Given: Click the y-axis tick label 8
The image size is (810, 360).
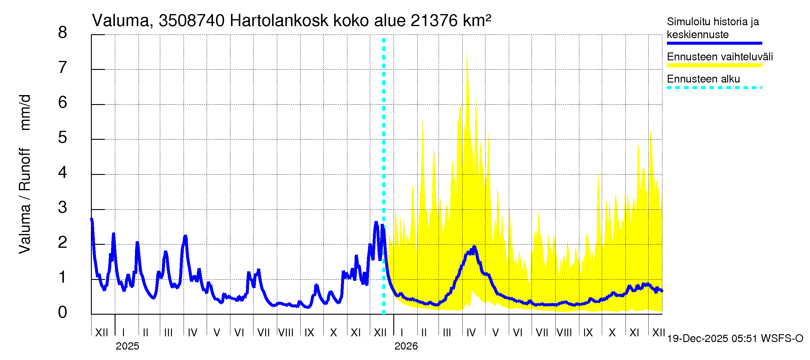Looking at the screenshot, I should point(63,33).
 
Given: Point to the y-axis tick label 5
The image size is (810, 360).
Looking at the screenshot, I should point(63,138).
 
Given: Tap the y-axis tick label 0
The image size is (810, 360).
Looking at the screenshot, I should point(63,313).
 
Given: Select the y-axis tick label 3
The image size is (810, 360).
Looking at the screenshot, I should point(63,208).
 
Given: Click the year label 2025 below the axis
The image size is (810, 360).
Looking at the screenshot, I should point(127,346).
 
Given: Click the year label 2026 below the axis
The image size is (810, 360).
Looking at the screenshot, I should point(406,346).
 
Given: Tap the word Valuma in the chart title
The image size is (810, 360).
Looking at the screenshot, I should point(120,21).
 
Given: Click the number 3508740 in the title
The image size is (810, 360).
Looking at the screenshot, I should point(191,21).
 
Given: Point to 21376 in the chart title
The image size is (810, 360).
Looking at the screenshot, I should point(433,21).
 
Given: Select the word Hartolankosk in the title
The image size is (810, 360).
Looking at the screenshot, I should point(279,21).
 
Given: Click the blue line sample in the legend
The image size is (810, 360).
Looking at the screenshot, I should point(714,43).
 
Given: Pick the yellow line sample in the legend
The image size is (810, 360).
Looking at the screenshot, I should point(714,65).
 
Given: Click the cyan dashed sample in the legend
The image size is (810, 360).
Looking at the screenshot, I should point(714,88).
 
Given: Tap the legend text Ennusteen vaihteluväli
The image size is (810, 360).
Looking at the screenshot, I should point(720,57).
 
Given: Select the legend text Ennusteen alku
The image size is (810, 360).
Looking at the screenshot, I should point(703,79).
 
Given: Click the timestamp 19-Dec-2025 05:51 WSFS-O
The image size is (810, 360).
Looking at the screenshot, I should point(735,339).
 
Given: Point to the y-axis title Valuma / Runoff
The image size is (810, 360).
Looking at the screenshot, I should point(25,201).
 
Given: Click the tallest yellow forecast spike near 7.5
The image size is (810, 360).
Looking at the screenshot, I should point(467,52).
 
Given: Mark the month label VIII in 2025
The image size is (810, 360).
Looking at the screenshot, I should point(286,332).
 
